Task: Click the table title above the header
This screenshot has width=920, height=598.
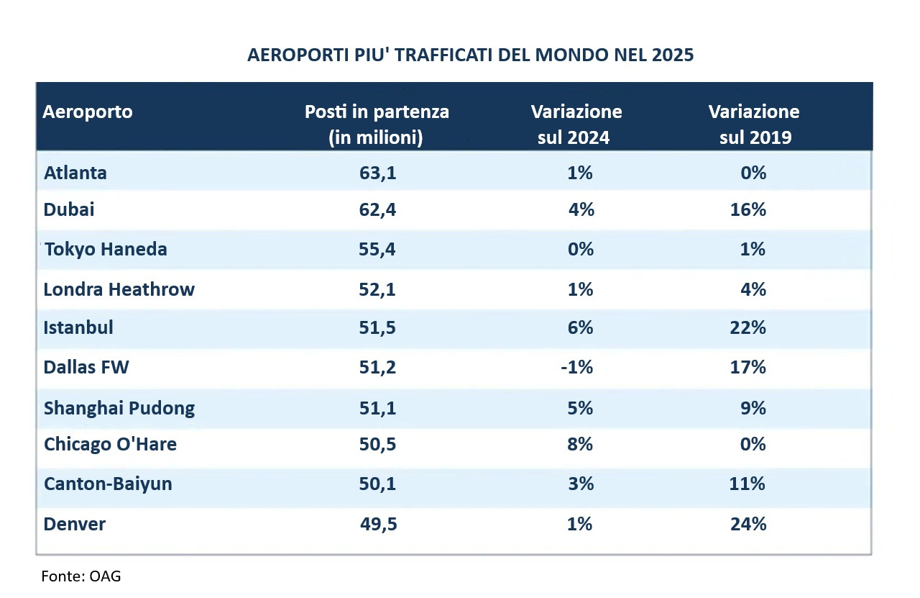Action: click(470, 55)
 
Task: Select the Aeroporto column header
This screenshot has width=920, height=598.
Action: click(87, 112)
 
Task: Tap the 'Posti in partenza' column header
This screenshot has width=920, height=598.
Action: click(377, 124)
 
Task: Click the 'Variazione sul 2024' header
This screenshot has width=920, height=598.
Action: click(576, 124)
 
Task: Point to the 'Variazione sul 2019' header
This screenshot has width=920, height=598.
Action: click(753, 124)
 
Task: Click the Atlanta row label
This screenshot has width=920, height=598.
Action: click(75, 173)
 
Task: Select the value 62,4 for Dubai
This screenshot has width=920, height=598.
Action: click(378, 210)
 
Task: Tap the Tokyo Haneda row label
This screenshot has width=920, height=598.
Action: click(105, 249)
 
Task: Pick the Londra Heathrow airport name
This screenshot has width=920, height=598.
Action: click(119, 289)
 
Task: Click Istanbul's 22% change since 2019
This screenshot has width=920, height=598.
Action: click(748, 327)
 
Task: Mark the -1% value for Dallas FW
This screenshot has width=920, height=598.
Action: click(577, 368)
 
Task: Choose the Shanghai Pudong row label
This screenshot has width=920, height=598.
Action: click(119, 408)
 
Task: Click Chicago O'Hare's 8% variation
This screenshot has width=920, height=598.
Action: click(580, 444)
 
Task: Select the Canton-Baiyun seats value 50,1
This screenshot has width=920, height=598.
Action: click(378, 484)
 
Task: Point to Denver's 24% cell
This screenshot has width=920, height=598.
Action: click(748, 524)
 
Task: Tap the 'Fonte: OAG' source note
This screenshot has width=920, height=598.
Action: click(80, 576)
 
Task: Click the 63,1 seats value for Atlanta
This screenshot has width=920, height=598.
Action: click(378, 173)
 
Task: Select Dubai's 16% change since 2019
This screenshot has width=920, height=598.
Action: click(748, 210)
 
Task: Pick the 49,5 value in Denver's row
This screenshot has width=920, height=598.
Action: click(378, 524)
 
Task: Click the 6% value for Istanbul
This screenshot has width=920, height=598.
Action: click(580, 327)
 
